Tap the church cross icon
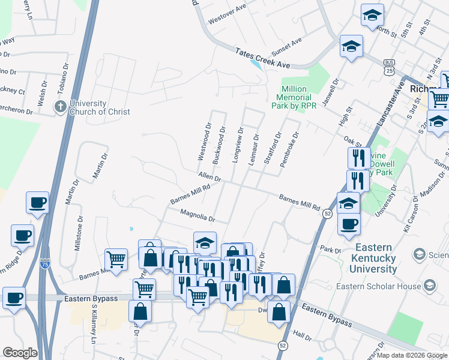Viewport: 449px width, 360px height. pos(60,107)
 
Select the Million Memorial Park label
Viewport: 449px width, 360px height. pos(295,97)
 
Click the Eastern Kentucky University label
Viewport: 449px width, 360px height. pos(376,258)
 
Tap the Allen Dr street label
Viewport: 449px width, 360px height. pos(210,178)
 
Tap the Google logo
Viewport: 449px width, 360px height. pos(20,353)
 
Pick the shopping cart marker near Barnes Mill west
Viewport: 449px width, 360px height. pos(116,260)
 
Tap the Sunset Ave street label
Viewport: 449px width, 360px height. pos(286,43)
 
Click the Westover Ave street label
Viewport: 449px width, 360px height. pos(228,14)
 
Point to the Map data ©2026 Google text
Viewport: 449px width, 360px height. pos(412,355)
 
